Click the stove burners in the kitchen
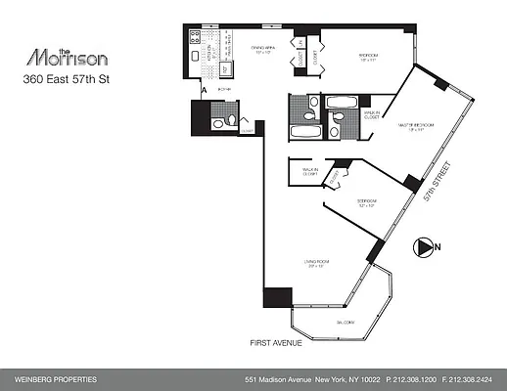pos(194,41)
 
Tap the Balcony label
pos(345,321)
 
